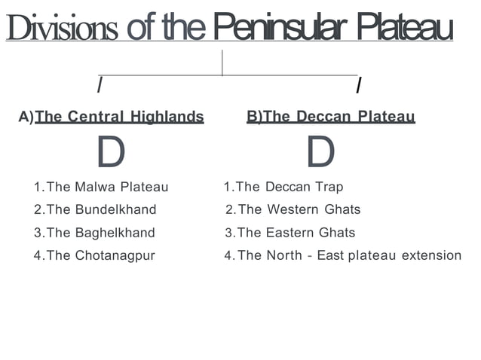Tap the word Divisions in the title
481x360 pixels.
click(63, 28)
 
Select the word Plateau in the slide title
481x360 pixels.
click(405, 28)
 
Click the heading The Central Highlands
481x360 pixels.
click(119, 117)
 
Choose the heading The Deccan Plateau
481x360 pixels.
click(339, 117)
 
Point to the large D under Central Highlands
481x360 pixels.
click(111, 153)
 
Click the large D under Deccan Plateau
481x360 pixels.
click(320, 153)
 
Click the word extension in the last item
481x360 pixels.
click(431, 255)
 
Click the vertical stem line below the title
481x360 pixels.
click(222, 62)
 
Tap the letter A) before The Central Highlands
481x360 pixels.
click(26, 117)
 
